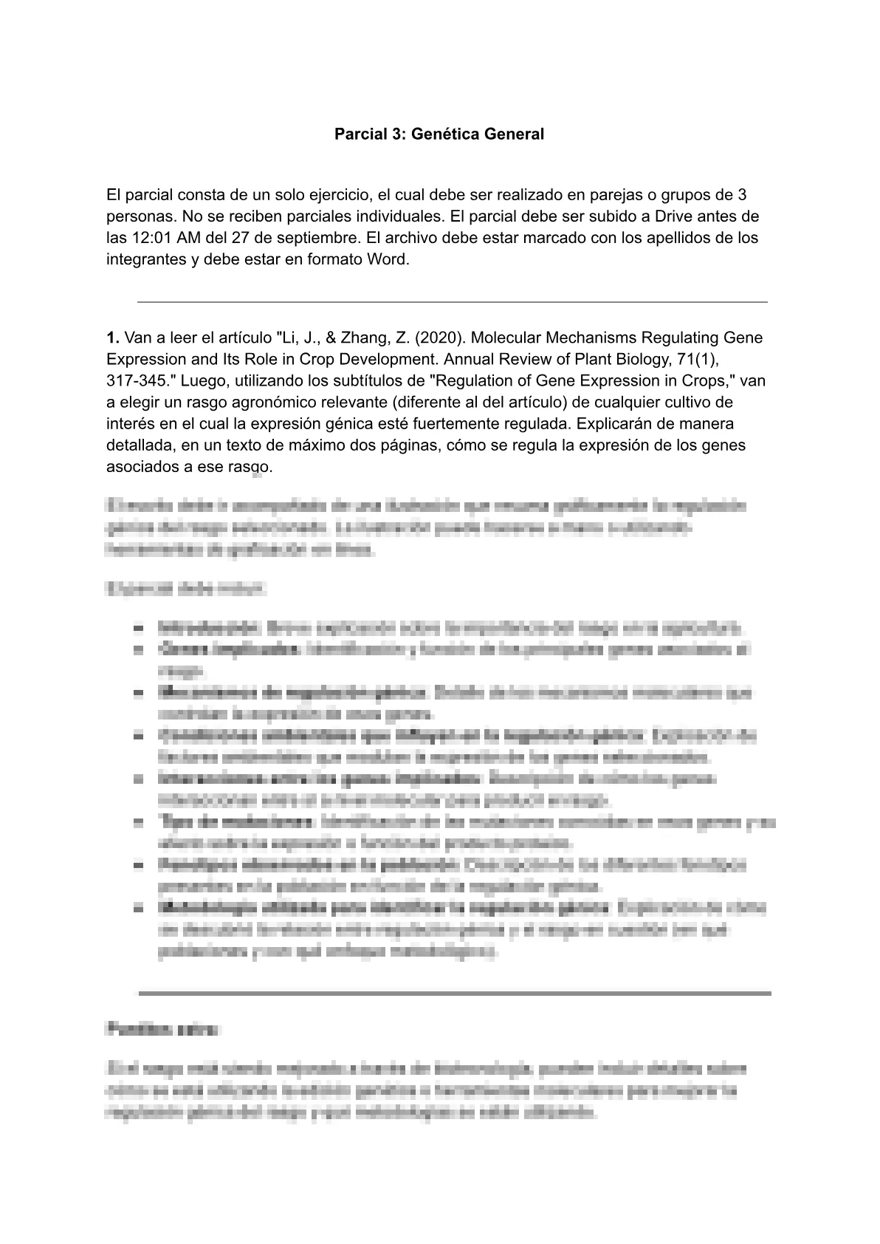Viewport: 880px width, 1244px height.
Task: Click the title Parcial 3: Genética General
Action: click(439, 134)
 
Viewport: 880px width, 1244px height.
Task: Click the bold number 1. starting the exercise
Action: click(113, 338)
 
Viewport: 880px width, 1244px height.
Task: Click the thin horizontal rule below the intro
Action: click(452, 302)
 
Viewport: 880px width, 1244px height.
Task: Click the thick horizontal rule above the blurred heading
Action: click(454, 994)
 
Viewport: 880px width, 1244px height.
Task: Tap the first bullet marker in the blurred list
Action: click(138, 629)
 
